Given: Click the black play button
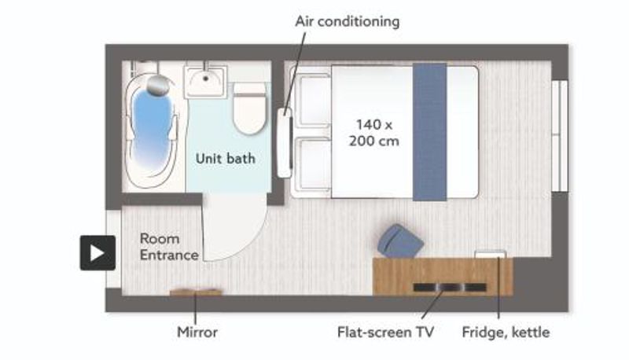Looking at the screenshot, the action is pyautogui.click(x=97, y=252).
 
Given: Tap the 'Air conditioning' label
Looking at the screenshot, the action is pyautogui.click(x=348, y=21).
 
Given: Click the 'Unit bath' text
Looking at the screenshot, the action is pyautogui.click(x=226, y=158).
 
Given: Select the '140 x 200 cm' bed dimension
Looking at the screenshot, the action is pyautogui.click(x=374, y=133).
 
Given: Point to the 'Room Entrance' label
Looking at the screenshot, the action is pyautogui.click(x=169, y=247).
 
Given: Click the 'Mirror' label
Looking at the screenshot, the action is pyautogui.click(x=197, y=332).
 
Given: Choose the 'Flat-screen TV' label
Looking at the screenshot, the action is pyautogui.click(x=385, y=332).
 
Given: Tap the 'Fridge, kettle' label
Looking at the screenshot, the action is pyautogui.click(x=506, y=332).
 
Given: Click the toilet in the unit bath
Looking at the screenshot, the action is pyautogui.click(x=250, y=108).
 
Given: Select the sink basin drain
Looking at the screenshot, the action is pyautogui.click(x=205, y=79).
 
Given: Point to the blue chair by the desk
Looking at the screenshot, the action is pyautogui.click(x=400, y=241).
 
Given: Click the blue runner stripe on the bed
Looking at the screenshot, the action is pyautogui.click(x=429, y=131).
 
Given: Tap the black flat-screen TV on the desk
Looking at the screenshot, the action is pyautogui.click(x=450, y=287).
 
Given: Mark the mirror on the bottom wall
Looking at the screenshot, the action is pyautogui.click(x=196, y=292).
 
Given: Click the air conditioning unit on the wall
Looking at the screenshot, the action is pyautogui.click(x=285, y=143).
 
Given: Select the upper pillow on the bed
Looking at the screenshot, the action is pyautogui.click(x=313, y=100).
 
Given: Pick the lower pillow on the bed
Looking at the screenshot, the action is pyautogui.click(x=313, y=164).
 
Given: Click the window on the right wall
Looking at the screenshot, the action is pyautogui.click(x=560, y=136).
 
